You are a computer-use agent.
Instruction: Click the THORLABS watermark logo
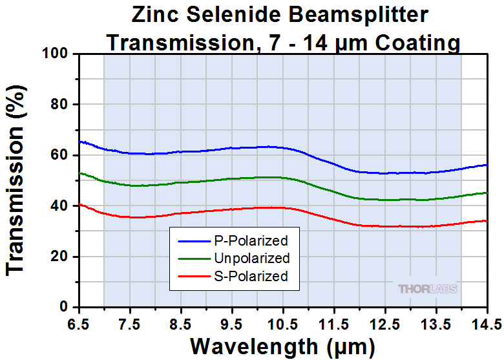pos(428,289)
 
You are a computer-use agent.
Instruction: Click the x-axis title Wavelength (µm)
pos(282,346)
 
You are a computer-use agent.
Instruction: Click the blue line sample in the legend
pos(193,242)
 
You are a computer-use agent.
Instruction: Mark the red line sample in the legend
pos(193,277)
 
